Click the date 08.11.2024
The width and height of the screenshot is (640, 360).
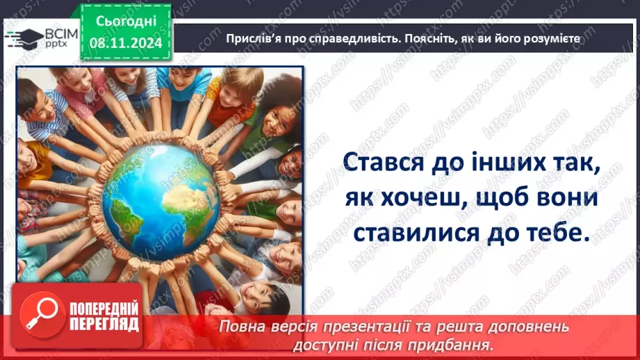125,43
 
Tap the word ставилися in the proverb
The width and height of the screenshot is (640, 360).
419,233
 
